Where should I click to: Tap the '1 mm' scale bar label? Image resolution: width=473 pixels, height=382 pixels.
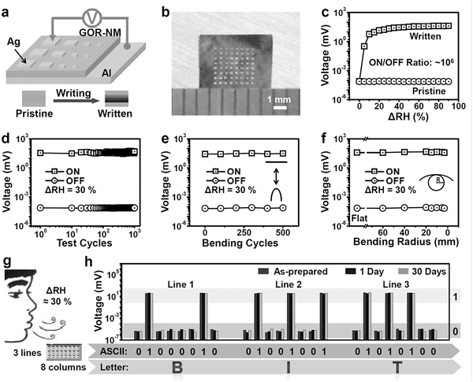(275, 100)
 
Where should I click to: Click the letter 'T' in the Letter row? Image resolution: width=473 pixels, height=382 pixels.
(395, 366)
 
